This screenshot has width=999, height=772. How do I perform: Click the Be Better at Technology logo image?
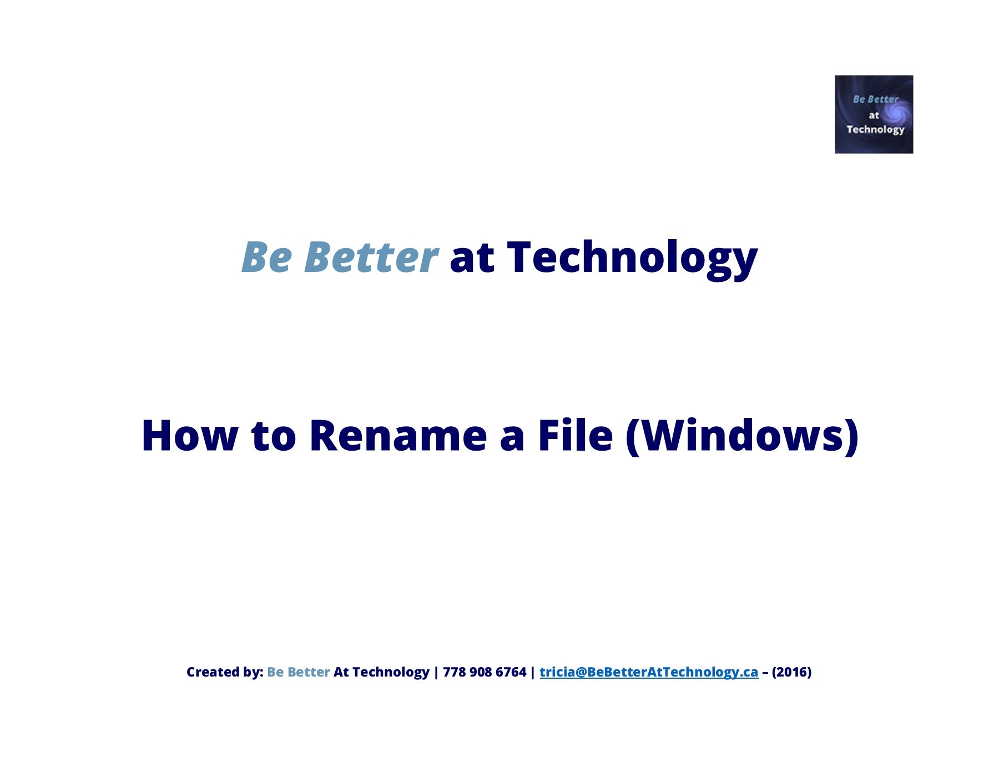click(874, 114)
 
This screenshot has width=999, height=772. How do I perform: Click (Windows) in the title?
click(742, 436)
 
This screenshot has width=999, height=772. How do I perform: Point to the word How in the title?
click(190, 436)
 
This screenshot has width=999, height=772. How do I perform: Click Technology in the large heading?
click(632, 258)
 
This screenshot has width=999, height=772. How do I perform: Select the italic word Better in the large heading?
click(371, 258)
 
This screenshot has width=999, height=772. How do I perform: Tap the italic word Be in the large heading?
click(266, 258)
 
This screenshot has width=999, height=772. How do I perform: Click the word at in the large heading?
click(472, 258)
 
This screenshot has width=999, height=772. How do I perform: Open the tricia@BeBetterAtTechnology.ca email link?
click(649, 672)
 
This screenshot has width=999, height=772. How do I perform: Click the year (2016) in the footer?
click(791, 672)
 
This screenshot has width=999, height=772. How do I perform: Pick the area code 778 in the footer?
click(454, 672)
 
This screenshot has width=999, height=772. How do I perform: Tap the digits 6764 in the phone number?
click(511, 672)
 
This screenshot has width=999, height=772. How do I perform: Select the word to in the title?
click(274, 436)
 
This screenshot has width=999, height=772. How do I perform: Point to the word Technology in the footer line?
click(391, 672)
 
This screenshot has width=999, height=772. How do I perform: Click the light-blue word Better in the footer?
click(309, 672)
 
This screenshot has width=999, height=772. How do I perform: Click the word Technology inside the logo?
click(875, 130)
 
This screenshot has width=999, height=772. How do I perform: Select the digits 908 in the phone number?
click(481, 672)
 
